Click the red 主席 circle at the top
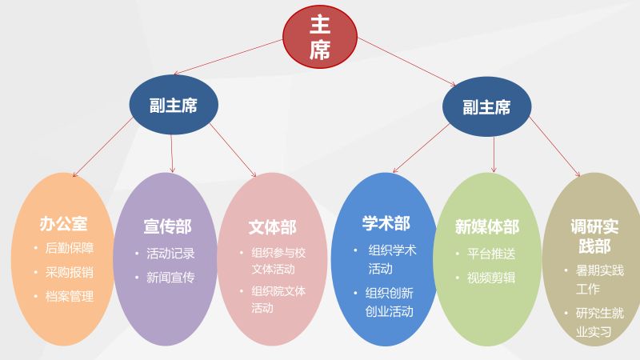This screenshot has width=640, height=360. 319,37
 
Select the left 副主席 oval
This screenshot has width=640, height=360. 174,105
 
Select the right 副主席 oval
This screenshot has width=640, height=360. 486,107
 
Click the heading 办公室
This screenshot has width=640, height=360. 63,223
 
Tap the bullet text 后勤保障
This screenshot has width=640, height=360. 69,248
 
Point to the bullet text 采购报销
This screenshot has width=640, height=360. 69,272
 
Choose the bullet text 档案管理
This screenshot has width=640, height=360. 69,296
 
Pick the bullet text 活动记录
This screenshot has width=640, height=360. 170,254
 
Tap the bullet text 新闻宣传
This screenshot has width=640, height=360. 170,278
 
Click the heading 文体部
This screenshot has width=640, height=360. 272,227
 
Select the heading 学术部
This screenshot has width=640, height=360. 386,223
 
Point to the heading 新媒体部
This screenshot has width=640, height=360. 486,227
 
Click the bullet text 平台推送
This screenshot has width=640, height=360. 491,254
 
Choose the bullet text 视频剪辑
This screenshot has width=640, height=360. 491,278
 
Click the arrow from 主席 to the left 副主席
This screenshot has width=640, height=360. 228,57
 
